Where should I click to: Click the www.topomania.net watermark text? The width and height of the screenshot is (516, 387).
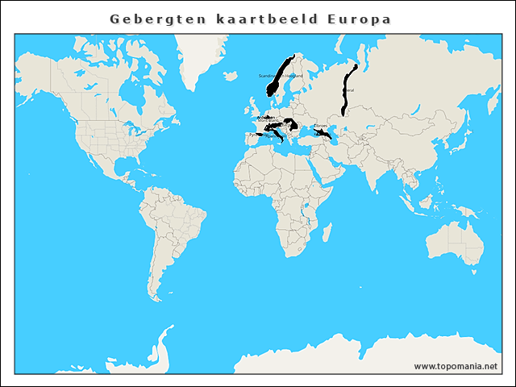coord(456,366)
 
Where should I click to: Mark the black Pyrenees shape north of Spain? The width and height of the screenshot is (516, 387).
coord(259,135)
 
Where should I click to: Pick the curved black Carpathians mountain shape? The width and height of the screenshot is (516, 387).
coord(290,124)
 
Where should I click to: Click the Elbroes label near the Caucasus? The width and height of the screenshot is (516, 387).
coord(321,127)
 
